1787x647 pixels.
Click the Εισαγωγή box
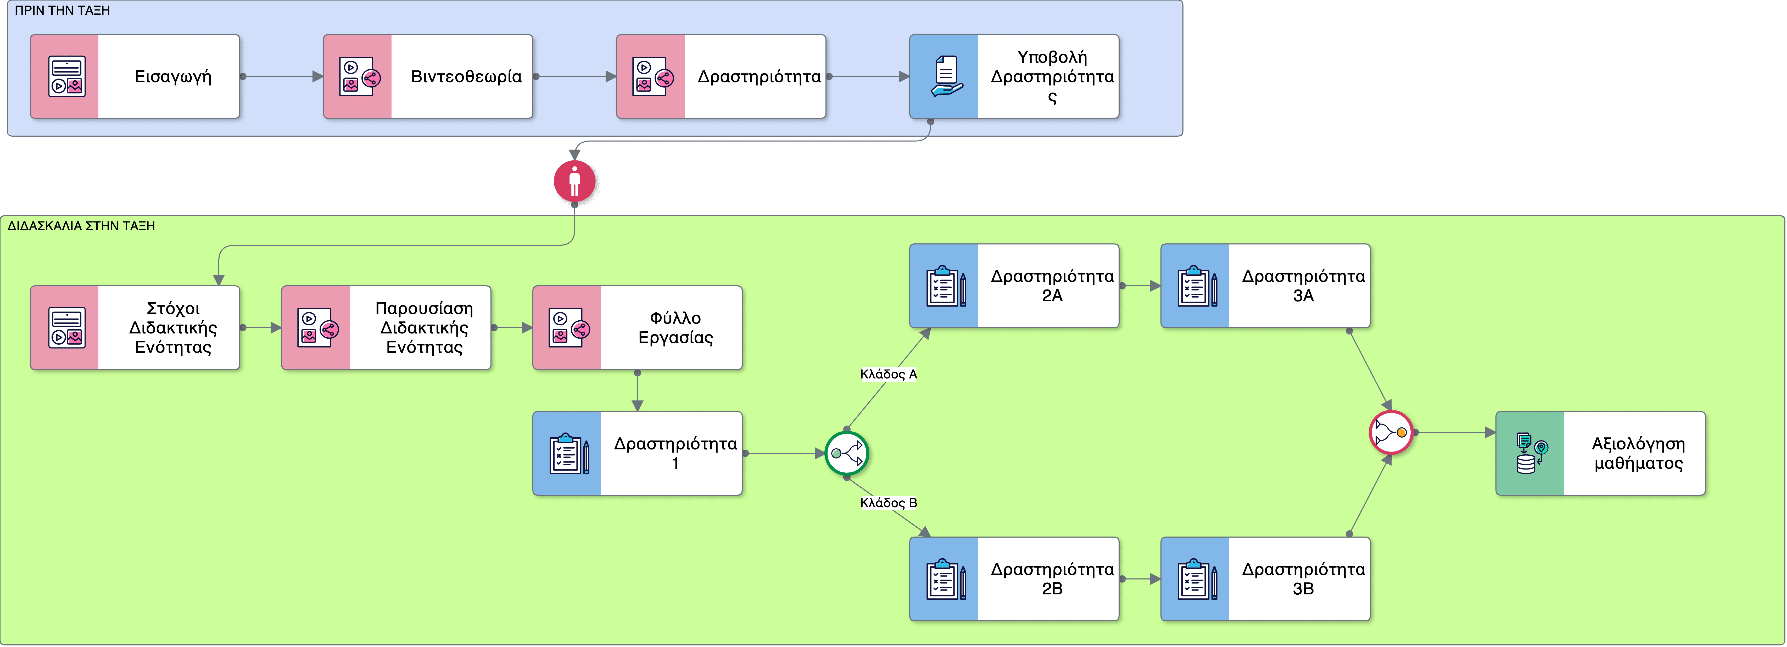pos(135,76)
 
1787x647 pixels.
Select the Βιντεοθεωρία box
pos(428,76)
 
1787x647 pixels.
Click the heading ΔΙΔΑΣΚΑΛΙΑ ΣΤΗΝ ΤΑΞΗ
pos(81,226)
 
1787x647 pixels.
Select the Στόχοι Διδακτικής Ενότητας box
pos(135,327)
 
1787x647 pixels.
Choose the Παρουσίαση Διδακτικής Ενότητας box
pos(386,327)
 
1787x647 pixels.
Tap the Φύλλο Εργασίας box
pos(638,327)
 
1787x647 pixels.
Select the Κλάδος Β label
pos(889,503)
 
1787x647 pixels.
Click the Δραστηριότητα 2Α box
pos(1014,286)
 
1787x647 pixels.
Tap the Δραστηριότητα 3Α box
pos(1265,286)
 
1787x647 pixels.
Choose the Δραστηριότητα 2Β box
pos(1014,578)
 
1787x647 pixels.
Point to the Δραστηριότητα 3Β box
pos(1265,578)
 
